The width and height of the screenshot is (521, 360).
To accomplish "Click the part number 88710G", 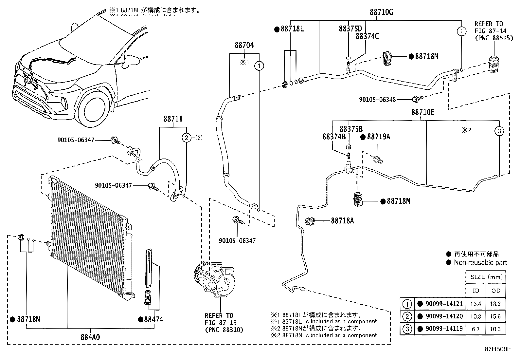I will click(x=381, y=12).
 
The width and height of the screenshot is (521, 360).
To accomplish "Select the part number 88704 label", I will click(x=244, y=46).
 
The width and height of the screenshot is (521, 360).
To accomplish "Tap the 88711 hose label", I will click(x=173, y=120).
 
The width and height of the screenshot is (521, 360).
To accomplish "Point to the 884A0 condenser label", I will click(x=90, y=336).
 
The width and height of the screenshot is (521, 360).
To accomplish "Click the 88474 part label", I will click(x=153, y=319).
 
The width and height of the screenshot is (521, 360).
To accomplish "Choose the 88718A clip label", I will click(x=342, y=221).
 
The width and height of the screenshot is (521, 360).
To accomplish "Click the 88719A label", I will click(x=378, y=137).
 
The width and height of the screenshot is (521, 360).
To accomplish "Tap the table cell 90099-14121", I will click(x=444, y=304).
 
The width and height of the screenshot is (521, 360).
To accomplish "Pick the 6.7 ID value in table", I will click(x=476, y=329).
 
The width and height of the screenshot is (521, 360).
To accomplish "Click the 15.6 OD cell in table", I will click(x=495, y=316).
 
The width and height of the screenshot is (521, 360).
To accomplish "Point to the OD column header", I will click(x=496, y=291).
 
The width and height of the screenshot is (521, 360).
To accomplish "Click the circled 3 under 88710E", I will click(x=499, y=131).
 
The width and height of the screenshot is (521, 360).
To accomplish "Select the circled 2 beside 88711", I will click(x=187, y=138).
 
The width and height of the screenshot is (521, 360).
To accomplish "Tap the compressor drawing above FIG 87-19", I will click(x=216, y=278).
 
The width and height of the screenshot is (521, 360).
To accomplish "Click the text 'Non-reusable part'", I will click(x=480, y=262).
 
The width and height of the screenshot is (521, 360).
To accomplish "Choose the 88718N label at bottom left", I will click(x=28, y=319).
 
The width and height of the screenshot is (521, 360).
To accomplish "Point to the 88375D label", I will click(x=350, y=28).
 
